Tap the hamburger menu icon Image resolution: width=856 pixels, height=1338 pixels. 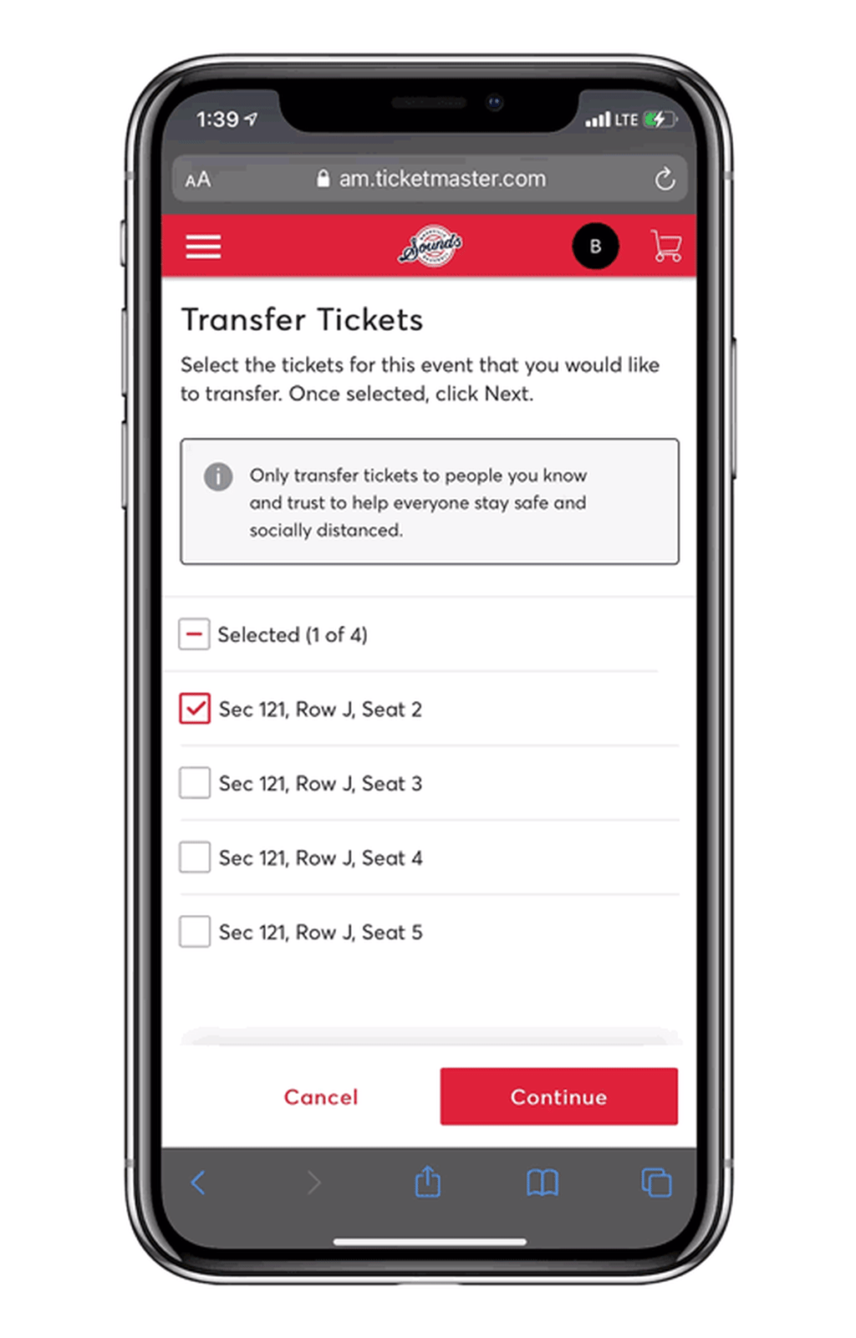coord(203,247)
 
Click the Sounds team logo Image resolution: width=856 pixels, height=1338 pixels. coord(431,247)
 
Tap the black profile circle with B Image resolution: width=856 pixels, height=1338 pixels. coord(595,247)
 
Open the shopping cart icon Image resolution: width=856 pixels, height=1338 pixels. coord(666,247)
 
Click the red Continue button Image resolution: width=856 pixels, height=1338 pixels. coord(558,1096)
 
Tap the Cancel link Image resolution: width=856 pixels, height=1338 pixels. coord(321,1096)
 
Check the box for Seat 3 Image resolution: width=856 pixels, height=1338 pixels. coord(195,783)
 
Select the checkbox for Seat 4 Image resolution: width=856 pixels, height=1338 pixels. coord(195,857)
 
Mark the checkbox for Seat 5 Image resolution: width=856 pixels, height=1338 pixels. coord(195,932)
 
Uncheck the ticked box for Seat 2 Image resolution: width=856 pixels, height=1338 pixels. coord(195,709)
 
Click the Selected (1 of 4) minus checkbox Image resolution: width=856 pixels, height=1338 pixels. coord(194,634)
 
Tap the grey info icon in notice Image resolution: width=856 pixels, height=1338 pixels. coord(218,476)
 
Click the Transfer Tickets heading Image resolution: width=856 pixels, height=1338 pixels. coord(302,320)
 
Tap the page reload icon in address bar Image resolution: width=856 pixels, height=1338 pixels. coord(665,179)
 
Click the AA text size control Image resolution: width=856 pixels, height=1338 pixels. coord(198,180)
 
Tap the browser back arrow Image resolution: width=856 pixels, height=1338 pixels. coord(198,1183)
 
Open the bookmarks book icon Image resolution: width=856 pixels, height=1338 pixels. coord(543,1183)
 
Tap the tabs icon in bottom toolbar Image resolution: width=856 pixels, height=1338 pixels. coord(656,1183)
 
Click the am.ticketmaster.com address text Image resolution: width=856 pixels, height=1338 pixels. coord(442,179)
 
